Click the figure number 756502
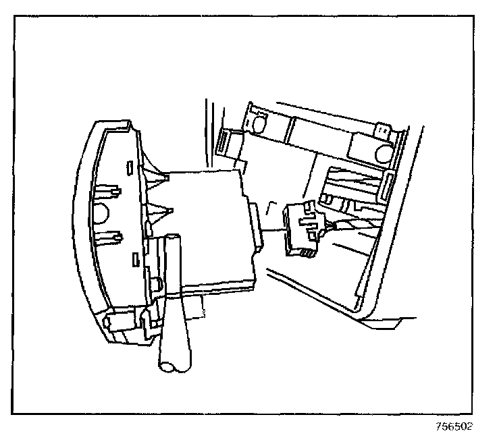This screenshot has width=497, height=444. (454, 426)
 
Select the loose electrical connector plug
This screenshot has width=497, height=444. (301, 229)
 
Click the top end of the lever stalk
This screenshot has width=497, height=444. (174, 240)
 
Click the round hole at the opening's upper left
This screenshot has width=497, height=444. (258, 123)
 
